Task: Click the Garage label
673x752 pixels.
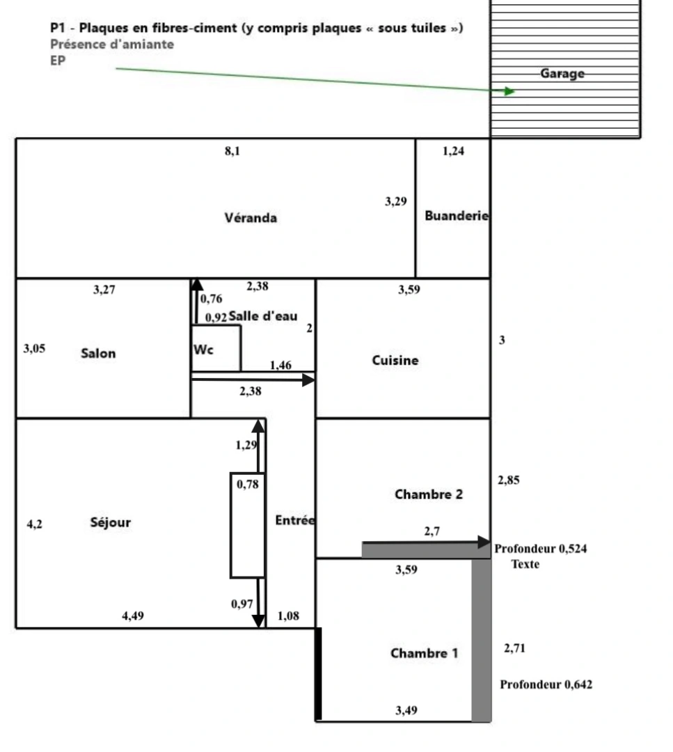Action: tap(562, 74)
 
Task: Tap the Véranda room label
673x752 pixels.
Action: tap(251, 218)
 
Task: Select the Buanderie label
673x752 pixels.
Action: tap(457, 216)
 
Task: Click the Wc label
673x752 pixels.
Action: tap(204, 350)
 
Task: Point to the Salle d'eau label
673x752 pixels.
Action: tap(263, 316)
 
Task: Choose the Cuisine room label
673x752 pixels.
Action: tap(395, 360)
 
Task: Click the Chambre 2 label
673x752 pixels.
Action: tap(428, 494)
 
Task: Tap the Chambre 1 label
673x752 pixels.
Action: tap(424, 653)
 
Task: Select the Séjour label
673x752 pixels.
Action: tap(111, 522)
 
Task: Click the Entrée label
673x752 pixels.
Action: tap(295, 520)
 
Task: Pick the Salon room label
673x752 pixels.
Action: tap(98, 353)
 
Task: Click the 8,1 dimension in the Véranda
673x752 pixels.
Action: tap(232, 152)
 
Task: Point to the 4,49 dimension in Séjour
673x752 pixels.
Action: tap(133, 616)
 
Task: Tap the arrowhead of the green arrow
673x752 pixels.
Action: tap(509, 91)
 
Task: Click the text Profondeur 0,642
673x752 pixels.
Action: tap(546, 684)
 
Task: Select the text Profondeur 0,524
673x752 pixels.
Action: tap(541, 549)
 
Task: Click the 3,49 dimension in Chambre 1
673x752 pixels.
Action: tap(406, 711)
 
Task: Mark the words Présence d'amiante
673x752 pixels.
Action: tap(112, 44)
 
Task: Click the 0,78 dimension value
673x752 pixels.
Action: tap(248, 485)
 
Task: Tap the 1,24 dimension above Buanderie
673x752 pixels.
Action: tap(453, 152)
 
